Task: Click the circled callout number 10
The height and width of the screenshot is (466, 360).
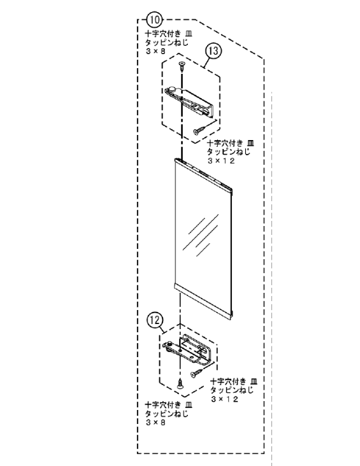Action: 155,20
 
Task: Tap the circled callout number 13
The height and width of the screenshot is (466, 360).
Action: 213,51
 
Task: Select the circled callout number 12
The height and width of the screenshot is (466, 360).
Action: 155,320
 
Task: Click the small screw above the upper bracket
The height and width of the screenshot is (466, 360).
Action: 182,66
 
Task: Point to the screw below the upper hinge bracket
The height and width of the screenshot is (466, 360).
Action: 199,131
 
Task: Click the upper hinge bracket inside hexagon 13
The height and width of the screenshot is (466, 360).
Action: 189,101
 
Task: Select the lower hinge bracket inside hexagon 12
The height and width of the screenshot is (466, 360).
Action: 187,349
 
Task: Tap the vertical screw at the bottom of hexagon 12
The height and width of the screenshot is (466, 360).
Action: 180,384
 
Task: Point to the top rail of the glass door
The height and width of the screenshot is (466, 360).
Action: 203,174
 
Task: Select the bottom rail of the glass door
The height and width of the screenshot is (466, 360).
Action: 203,300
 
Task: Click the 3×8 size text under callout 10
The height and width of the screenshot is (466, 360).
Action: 155,51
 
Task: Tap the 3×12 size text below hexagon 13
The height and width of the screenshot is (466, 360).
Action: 222,161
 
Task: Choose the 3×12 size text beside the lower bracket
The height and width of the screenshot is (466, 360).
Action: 225,399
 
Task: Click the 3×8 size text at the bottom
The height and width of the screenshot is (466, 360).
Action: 155,422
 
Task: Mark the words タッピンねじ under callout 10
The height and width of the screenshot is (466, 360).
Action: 166,42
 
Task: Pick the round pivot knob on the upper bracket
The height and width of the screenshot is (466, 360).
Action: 173,89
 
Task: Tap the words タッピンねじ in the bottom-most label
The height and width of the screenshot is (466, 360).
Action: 166,413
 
